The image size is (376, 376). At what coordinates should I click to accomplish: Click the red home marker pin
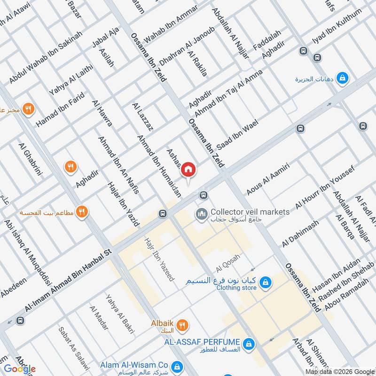point(188,170)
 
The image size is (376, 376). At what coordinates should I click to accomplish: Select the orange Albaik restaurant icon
point(182,325)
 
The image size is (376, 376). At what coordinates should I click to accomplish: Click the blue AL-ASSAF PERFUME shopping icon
point(250,345)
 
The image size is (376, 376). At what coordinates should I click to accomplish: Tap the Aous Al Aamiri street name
point(267,179)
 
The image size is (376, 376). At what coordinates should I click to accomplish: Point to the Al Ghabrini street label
point(30,159)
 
